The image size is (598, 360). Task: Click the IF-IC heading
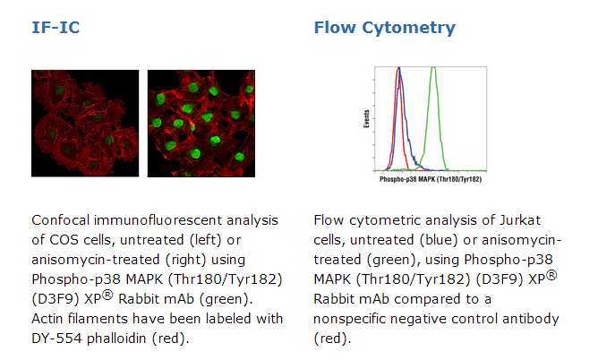[x=56, y=28]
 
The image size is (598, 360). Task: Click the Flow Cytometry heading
[x=384, y=29]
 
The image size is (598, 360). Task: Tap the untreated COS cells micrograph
[x=85, y=124]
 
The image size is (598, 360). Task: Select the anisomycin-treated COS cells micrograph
[x=201, y=124]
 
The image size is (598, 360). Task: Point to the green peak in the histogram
[x=433, y=69]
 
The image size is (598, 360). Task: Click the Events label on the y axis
[x=366, y=118]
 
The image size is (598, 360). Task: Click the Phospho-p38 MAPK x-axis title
[x=431, y=179]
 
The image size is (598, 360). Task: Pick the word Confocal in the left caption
[x=61, y=220]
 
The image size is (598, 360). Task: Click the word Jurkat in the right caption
[x=520, y=220]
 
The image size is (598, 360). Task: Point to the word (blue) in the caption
[x=438, y=240]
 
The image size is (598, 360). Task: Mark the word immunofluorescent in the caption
[x=158, y=220]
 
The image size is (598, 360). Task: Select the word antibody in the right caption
[x=531, y=319]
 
